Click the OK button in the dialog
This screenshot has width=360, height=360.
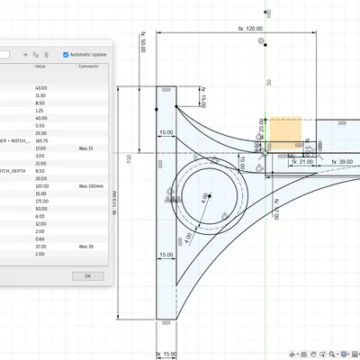(x=87, y=276)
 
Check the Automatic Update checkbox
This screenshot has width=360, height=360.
(x=66, y=55)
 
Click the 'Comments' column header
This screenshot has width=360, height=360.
(x=88, y=67)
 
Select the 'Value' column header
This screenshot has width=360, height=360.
(x=40, y=67)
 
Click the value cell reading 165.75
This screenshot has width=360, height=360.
(x=41, y=141)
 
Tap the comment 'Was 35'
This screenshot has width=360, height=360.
(x=85, y=246)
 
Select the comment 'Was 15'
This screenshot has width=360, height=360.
(x=85, y=148)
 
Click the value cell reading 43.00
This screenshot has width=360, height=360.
(x=40, y=88)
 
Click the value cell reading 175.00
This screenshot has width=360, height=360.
(x=41, y=201)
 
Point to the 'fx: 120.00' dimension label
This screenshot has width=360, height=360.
(x=250, y=29)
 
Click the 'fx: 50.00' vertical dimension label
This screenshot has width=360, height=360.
(x=143, y=41)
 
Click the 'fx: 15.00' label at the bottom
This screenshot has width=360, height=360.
(x=166, y=353)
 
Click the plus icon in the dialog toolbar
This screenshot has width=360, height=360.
(x=25, y=55)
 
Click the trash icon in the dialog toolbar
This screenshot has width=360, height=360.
(x=46, y=55)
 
